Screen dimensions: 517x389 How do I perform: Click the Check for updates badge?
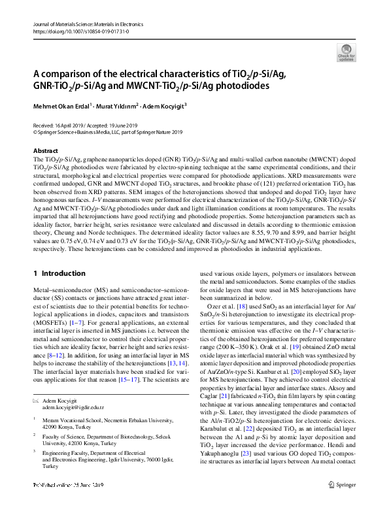(x=346, y=52)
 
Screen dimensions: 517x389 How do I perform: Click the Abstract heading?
(x=45, y=150)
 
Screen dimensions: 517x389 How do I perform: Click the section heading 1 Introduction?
(x=59, y=273)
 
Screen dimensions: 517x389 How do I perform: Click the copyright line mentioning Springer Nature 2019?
(x=108, y=131)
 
